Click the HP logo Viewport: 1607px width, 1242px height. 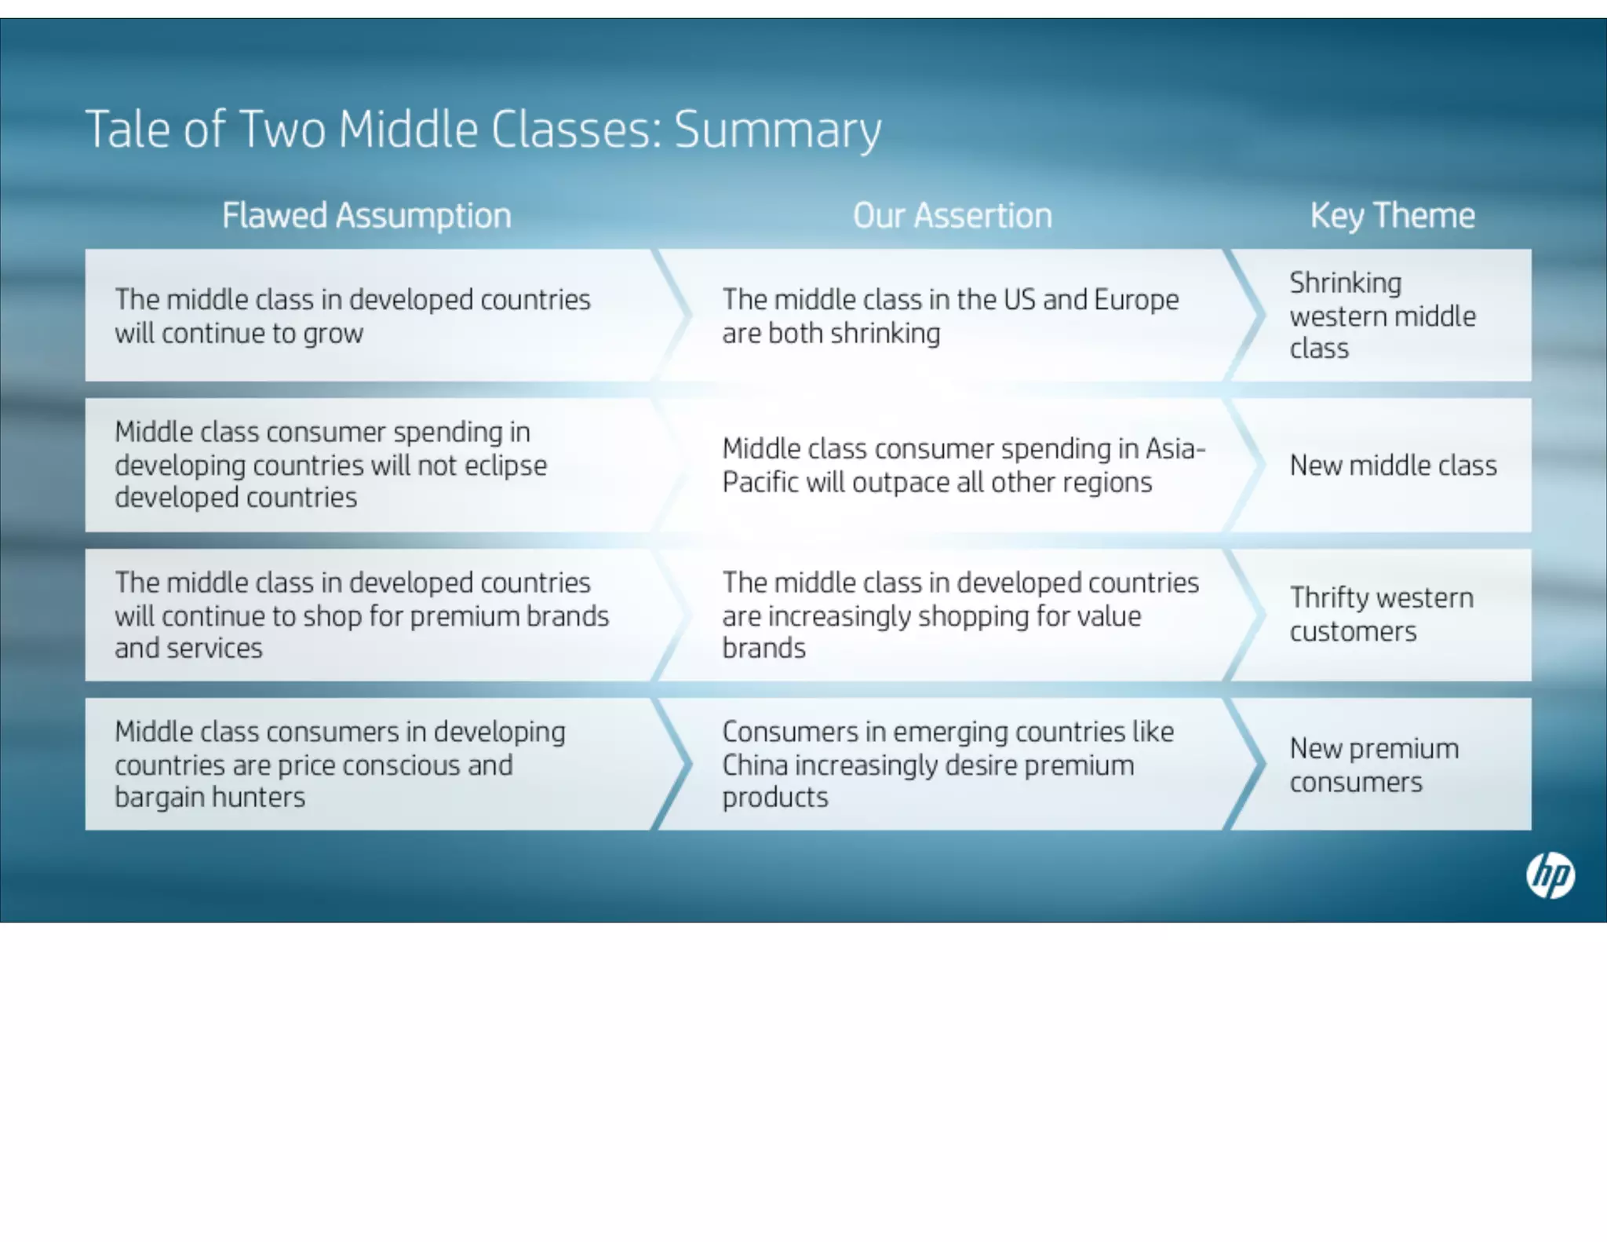(x=1550, y=875)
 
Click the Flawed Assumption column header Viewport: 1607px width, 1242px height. (x=366, y=216)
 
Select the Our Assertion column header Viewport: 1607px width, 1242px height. (x=952, y=216)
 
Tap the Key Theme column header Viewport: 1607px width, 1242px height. (x=1392, y=216)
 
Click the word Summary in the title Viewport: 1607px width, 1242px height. (x=778, y=130)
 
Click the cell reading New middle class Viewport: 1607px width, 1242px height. (x=1393, y=466)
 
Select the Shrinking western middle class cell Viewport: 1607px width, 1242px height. (x=1383, y=316)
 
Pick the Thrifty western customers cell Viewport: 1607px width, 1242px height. (x=1381, y=615)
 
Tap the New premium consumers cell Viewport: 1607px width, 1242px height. (x=1374, y=765)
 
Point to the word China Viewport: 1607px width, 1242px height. (x=754, y=765)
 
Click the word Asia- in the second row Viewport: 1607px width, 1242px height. (x=1175, y=449)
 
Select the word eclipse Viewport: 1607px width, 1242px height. (x=505, y=466)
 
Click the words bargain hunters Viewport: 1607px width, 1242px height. (x=210, y=798)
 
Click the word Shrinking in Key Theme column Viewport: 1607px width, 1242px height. (x=1345, y=283)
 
